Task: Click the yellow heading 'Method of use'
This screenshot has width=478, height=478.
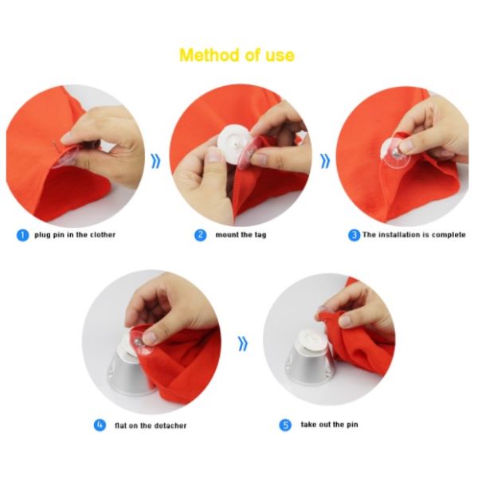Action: (237, 56)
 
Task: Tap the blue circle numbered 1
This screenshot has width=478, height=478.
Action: (22, 235)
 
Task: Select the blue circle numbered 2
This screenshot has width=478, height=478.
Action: (200, 235)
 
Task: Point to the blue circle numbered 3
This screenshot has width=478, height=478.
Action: (354, 235)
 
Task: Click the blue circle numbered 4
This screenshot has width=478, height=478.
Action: (100, 425)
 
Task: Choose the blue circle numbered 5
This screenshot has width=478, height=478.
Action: (285, 425)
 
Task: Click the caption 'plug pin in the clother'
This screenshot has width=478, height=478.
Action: (75, 235)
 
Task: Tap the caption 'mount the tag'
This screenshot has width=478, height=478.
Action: (241, 235)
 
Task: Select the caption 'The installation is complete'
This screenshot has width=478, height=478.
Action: (414, 235)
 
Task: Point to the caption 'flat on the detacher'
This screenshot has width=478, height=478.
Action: (151, 425)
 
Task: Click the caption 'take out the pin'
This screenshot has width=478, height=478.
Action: (329, 425)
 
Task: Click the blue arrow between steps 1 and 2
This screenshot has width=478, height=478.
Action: (156, 161)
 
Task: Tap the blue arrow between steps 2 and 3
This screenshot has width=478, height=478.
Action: (325, 161)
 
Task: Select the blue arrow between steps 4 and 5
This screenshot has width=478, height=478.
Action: (243, 344)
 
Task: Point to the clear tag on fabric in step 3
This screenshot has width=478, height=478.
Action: (395, 152)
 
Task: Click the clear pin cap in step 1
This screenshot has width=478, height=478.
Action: (65, 158)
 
